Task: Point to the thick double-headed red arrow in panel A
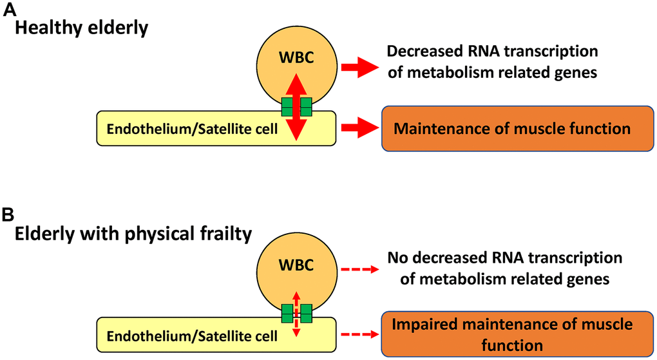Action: [296, 106]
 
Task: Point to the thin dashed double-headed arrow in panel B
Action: [296, 314]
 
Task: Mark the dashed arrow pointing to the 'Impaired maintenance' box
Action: [358, 334]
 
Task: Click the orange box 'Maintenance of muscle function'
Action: [512, 129]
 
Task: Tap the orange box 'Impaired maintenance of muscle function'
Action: [512, 334]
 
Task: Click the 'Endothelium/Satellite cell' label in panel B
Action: [191, 336]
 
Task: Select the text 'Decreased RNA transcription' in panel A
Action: [492, 52]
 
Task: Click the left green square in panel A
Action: [287, 106]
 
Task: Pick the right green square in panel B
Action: [305, 314]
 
